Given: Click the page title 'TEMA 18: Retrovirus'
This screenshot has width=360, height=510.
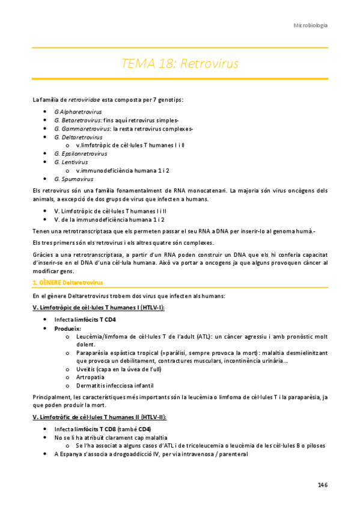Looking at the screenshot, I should tap(180, 64).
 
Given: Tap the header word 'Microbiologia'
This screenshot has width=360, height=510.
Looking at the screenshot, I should tap(310, 25).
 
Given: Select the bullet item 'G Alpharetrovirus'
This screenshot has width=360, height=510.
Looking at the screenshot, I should tap(78, 112).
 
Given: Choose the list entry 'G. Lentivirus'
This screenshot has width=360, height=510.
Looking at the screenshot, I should tap(71, 162).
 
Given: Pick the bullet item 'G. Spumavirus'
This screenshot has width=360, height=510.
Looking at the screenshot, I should tap(73, 179).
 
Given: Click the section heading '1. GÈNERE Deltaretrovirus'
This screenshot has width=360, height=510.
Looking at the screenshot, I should tap(67, 282).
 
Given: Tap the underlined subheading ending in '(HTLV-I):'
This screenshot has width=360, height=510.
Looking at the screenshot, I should tap(98, 307).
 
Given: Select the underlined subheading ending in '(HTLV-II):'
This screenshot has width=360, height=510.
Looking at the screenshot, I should tap(100, 417).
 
